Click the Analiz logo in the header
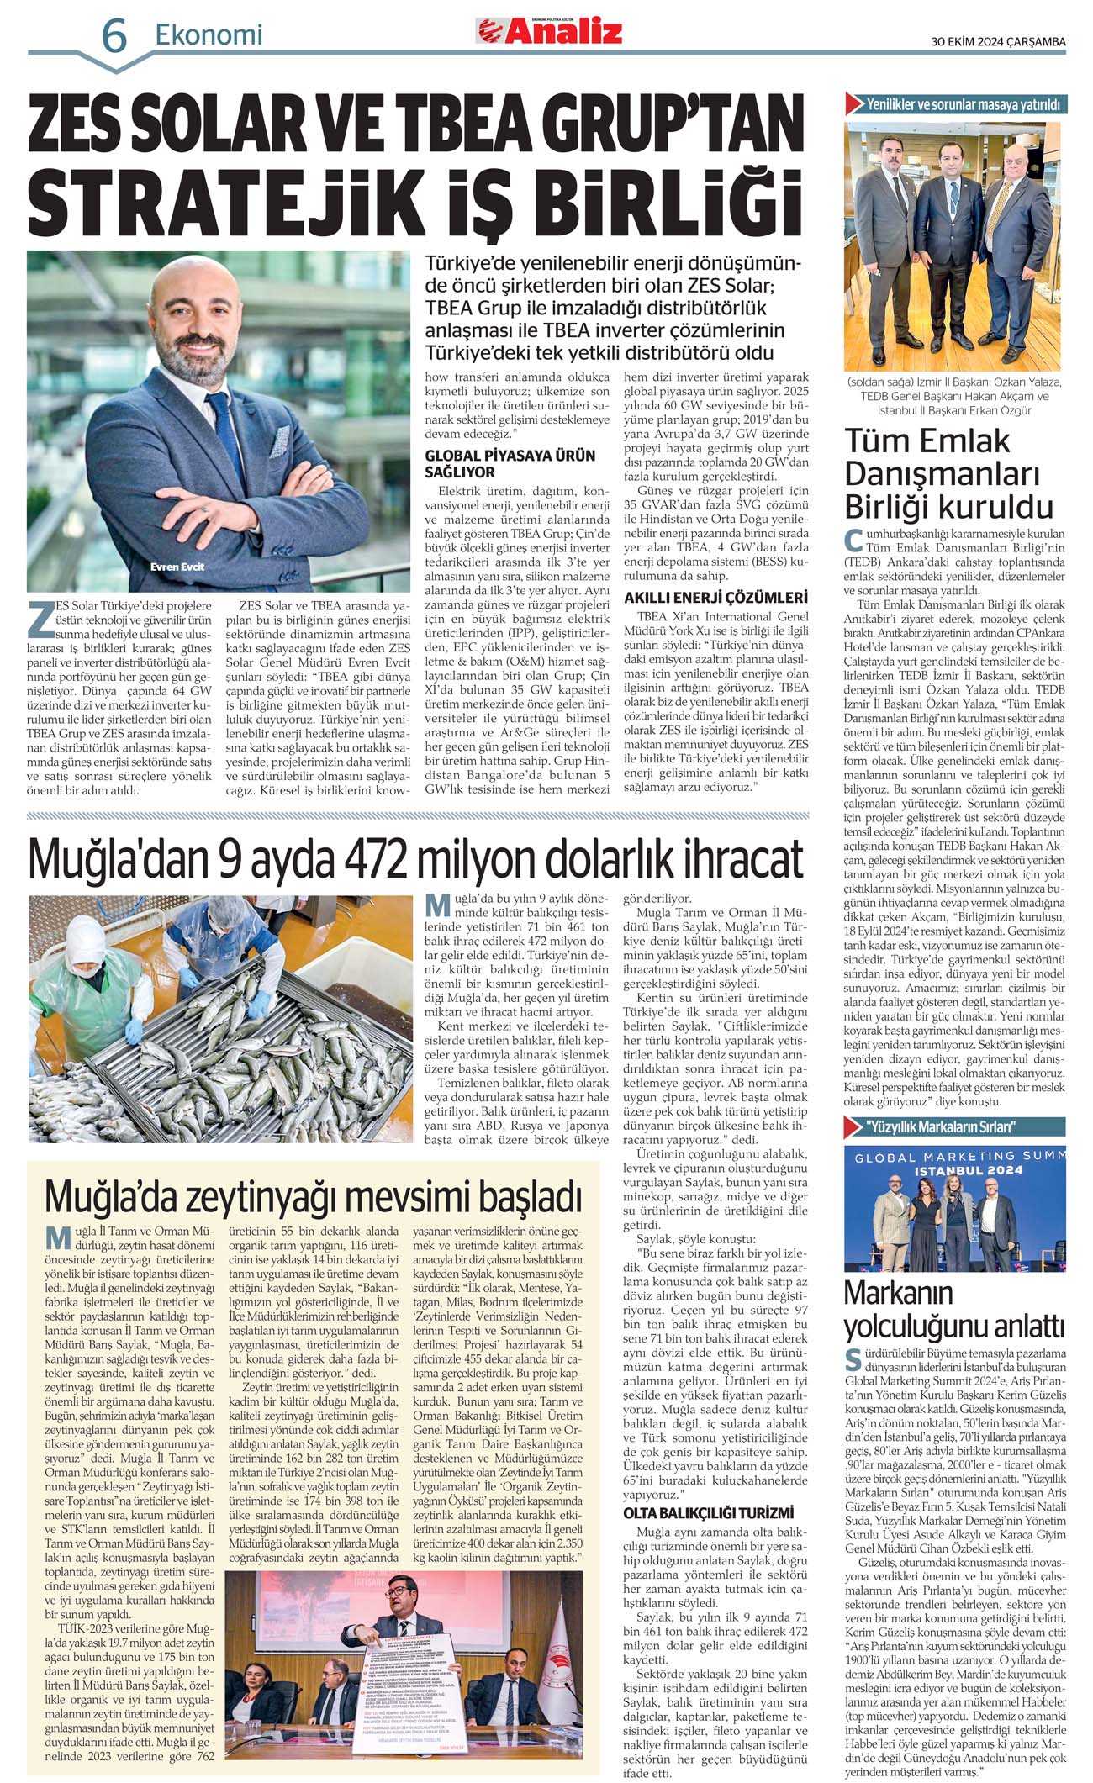pos(551,32)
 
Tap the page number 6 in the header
pos(114,36)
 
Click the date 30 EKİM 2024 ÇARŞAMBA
pos(998,41)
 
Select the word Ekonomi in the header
pos(209,34)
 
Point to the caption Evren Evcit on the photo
pos(177,567)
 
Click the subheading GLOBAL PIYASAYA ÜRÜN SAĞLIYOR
pos(510,463)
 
